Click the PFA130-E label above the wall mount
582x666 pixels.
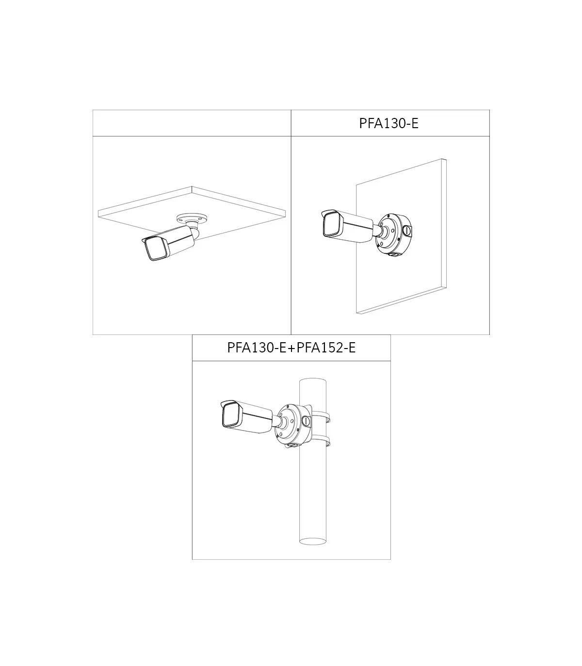[388, 123]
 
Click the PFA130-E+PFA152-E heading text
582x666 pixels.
[291, 348]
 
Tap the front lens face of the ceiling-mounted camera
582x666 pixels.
[155, 249]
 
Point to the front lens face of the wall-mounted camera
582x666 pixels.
[331, 224]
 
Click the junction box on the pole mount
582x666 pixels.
[292, 425]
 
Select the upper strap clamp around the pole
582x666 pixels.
[321, 417]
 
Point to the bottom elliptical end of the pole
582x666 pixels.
[312, 541]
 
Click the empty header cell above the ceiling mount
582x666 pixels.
[192, 123]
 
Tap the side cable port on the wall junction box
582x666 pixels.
[407, 231]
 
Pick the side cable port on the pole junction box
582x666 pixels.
[307, 421]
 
